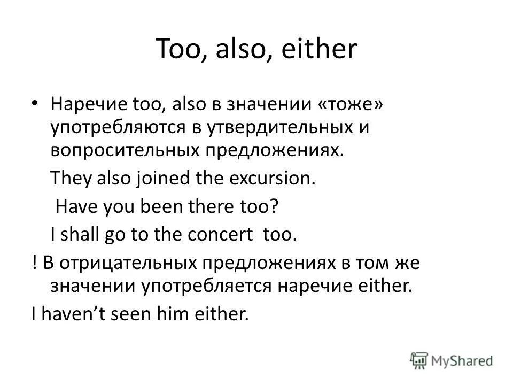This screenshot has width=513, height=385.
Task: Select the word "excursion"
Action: point(274,178)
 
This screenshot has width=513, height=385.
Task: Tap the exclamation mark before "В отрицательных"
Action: point(33,263)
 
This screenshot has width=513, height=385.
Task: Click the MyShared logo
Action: point(451,360)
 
